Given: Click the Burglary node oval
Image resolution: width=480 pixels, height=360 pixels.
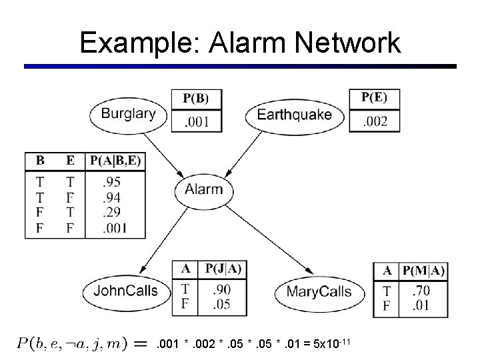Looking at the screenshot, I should click(128, 114).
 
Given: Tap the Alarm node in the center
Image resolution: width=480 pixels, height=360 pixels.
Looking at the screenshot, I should click(204, 190).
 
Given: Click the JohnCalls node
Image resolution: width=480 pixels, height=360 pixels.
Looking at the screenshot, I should click(125, 291).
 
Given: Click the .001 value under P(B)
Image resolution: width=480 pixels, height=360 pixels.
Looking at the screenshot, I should click(195, 121).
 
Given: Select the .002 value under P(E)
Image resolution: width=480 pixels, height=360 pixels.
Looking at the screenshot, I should click(374, 121).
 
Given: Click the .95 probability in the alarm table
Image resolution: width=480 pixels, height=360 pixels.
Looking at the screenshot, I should click(113, 181).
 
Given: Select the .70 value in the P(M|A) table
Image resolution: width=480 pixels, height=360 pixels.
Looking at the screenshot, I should click(421, 291).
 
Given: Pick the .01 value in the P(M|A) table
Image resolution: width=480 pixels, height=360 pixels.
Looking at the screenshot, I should click(421, 306).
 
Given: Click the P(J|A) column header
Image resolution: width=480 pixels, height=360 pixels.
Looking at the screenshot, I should click(223, 269).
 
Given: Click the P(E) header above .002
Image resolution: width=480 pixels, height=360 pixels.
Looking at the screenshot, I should click(374, 98).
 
